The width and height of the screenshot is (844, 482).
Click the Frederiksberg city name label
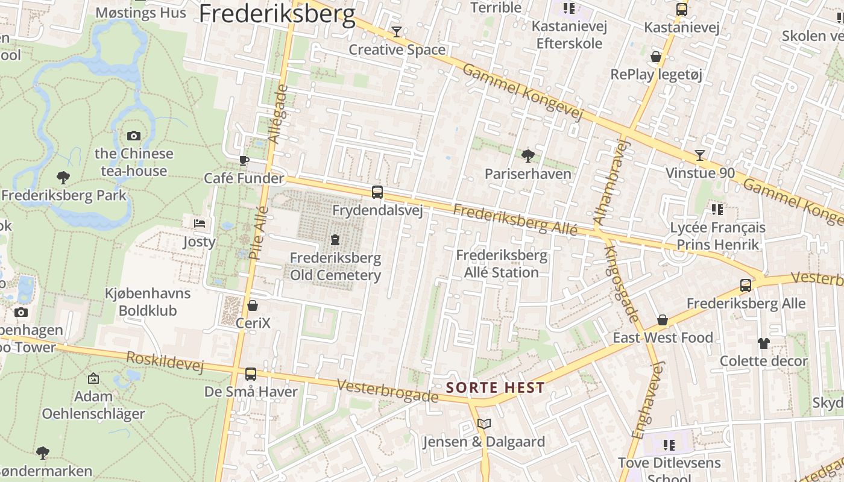point(277,13)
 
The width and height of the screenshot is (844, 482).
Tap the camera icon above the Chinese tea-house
point(134,136)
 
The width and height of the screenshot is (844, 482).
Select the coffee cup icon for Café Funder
point(244,160)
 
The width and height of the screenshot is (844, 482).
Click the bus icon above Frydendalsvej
point(377,192)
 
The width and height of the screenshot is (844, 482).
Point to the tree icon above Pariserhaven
point(528,156)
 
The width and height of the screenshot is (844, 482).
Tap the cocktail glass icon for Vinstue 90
point(699,155)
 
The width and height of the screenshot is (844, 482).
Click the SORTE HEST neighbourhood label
point(495,387)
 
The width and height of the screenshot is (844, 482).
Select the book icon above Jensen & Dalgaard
point(483,424)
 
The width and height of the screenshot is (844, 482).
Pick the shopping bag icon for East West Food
point(663,319)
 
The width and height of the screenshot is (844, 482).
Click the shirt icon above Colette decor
point(763,343)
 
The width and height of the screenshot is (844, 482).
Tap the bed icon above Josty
point(200,224)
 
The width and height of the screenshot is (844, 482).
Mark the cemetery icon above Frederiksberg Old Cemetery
point(335,240)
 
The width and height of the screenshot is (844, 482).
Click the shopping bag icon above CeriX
point(253,305)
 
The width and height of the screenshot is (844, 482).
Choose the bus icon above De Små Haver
point(251,374)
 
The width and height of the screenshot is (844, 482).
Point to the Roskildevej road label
point(165,361)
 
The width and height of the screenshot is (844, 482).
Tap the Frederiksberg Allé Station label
point(502,264)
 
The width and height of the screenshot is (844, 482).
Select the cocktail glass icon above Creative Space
point(397,31)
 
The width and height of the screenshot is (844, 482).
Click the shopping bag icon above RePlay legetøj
point(656,57)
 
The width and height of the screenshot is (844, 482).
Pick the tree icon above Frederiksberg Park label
point(63,177)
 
